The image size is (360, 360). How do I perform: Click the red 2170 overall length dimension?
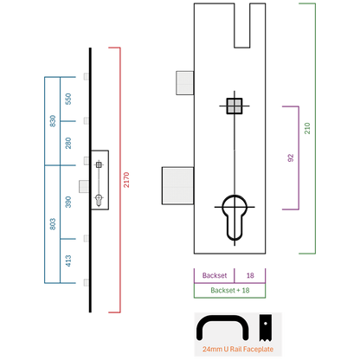(126, 180)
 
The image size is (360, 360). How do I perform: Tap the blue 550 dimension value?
(68, 99)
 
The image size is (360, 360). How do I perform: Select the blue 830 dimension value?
(53, 121)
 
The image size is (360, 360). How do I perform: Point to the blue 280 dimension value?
(68, 144)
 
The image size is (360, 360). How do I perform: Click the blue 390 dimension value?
(68, 202)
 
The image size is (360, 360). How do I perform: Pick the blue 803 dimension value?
(53, 224)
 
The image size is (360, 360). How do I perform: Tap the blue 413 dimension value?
(68, 260)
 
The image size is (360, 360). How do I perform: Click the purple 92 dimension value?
(291, 158)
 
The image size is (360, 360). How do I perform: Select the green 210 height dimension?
(307, 128)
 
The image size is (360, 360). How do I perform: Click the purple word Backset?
(215, 275)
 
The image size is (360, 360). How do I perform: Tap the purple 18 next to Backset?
(250, 275)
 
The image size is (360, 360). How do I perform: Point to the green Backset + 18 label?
(230, 290)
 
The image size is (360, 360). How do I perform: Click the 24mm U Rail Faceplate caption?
(238, 349)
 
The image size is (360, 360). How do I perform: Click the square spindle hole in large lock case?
(235, 106)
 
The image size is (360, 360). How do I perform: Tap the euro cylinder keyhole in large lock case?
(235, 217)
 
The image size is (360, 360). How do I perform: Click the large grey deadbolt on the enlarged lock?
(177, 186)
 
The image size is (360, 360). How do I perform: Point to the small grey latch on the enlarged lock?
(185, 83)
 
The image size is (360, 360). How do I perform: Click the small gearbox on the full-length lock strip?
(100, 180)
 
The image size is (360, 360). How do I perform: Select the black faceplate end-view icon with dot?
(266, 328)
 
